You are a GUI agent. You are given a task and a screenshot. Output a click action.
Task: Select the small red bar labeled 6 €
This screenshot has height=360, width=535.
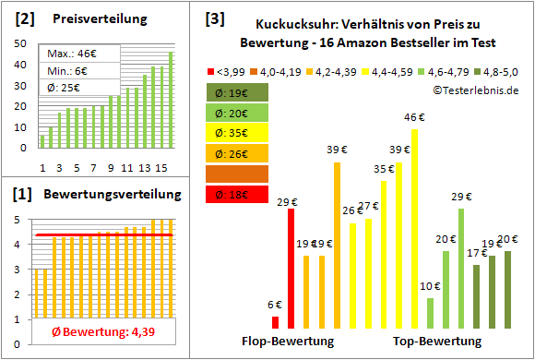coord(275,322)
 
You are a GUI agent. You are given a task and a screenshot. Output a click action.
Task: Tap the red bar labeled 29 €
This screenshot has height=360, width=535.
coord(291,268)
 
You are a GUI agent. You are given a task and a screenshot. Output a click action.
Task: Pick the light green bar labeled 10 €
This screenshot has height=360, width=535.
coord(430,313)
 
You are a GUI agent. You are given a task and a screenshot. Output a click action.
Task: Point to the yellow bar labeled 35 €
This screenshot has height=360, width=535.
coord(384,254)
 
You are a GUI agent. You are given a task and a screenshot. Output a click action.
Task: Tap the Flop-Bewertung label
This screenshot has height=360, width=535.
coord(288,342)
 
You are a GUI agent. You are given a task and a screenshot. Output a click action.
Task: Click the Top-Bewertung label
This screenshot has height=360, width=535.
coord(437,342)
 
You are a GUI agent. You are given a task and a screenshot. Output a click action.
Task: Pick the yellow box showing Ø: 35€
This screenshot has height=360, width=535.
coord(239,132)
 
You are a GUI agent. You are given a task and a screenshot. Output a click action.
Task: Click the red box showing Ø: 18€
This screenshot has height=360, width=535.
coord(239,194)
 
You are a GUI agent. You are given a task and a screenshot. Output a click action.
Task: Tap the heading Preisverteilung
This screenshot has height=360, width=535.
coord(89,18)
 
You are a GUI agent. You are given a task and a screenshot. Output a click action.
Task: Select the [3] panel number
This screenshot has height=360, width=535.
coord(215,18)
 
